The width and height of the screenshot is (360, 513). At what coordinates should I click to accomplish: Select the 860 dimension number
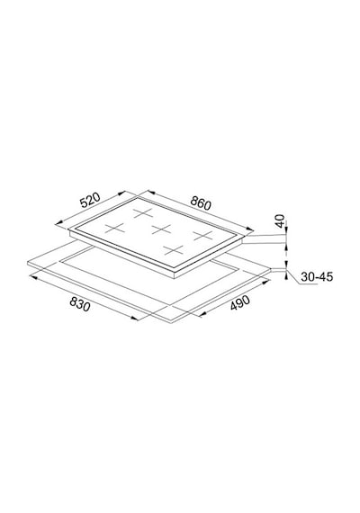click(201, 203)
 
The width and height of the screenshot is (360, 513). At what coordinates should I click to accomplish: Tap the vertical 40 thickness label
click(280, 220)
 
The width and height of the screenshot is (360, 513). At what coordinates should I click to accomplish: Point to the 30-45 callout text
click(317, 277)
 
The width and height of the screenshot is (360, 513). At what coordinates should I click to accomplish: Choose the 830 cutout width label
click(79, 305)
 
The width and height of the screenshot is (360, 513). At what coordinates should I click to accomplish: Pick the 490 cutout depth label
click(240, 303)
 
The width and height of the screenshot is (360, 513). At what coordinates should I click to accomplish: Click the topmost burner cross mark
click(143, 213)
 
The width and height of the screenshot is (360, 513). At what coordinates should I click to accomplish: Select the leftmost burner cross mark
click(115, 228)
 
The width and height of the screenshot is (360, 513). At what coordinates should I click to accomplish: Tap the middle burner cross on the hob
click(162, 229)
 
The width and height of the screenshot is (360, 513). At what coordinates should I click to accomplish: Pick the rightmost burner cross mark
click(202, 235)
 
